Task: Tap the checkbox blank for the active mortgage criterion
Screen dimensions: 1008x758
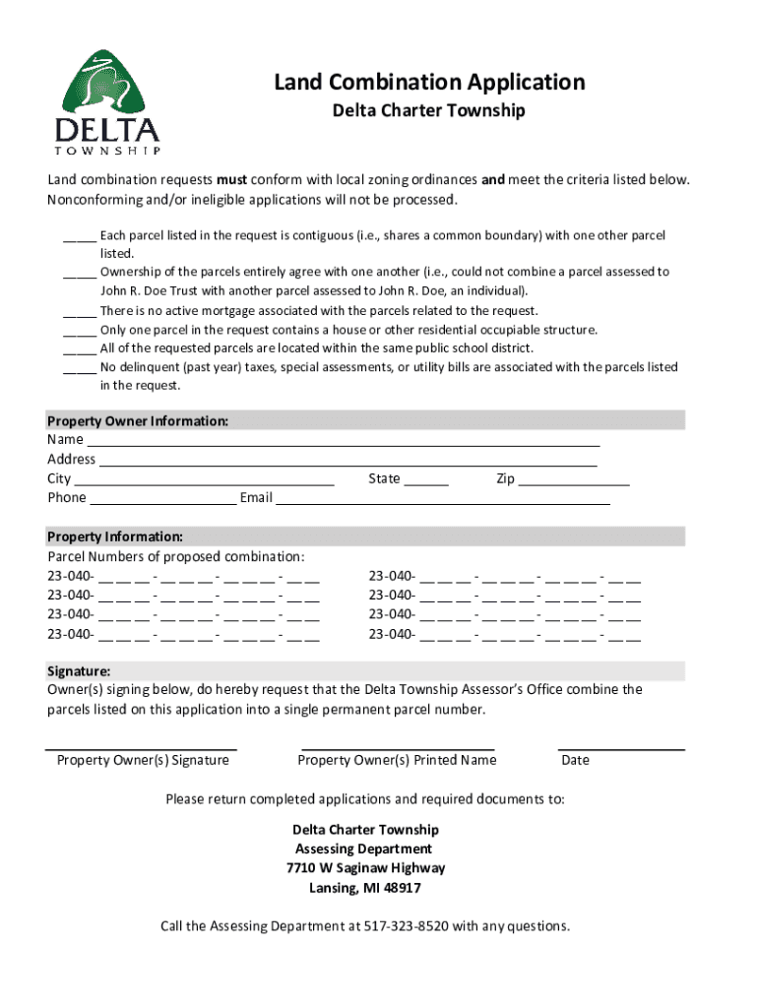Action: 80,312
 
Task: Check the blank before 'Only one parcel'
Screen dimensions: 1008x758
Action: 80,331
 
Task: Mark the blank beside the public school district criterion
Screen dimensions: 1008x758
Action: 80,349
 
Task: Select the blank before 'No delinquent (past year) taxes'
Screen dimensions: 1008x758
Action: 80,368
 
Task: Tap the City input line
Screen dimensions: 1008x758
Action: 205,481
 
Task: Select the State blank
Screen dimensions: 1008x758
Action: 426,481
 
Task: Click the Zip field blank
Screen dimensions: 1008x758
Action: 574,481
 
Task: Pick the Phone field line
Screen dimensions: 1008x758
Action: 162,500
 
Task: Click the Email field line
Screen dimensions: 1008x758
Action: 443,500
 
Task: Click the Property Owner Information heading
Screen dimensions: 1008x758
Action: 138,421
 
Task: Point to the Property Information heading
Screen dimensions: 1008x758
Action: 114,537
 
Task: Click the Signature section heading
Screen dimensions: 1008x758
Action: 79,671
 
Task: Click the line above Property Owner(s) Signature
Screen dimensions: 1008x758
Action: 143,748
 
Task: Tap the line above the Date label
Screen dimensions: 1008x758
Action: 621,748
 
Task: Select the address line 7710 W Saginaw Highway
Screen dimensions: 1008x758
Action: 365,868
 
